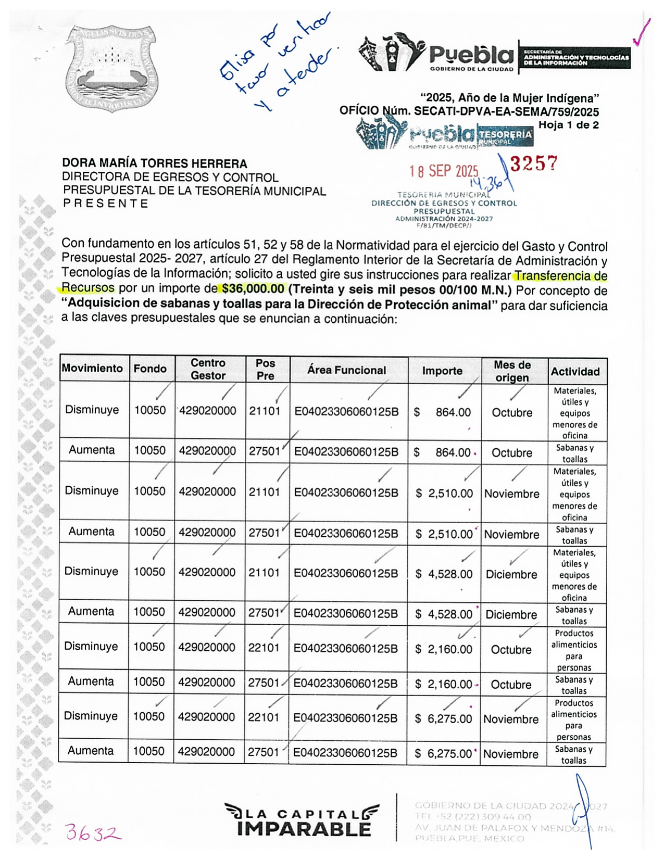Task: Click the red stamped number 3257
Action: click(x=533, y=164)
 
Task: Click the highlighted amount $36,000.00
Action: click(x=252, y=289)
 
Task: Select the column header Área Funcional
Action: click(x=346, y=370)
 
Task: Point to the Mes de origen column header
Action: click(x=512, y=371)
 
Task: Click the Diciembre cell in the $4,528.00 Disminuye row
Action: click(x=511, y=574)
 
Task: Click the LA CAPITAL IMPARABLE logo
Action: click(x=303, y=820)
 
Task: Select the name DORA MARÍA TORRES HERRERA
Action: click(x=155, y=164)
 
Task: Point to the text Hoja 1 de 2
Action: click(x=568, y=125)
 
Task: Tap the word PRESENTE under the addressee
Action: click(x=106, y=204)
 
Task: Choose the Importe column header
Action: click(x=442, y=371)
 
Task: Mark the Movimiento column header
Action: click(x=92, y=369)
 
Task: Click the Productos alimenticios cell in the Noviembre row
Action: click(x=573, y=719)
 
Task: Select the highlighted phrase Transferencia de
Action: click(x=560, y=276)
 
